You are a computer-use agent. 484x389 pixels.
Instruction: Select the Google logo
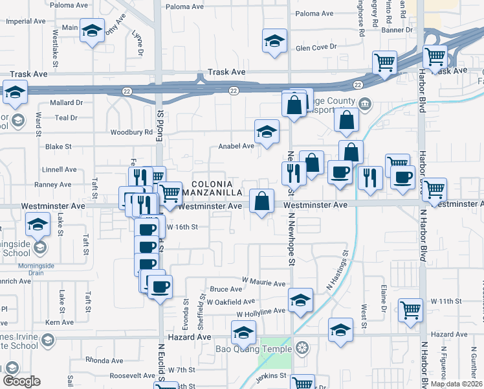point(21,382)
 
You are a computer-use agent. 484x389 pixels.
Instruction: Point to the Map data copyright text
point(457,384)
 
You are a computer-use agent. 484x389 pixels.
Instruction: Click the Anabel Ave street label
point(236,146)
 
